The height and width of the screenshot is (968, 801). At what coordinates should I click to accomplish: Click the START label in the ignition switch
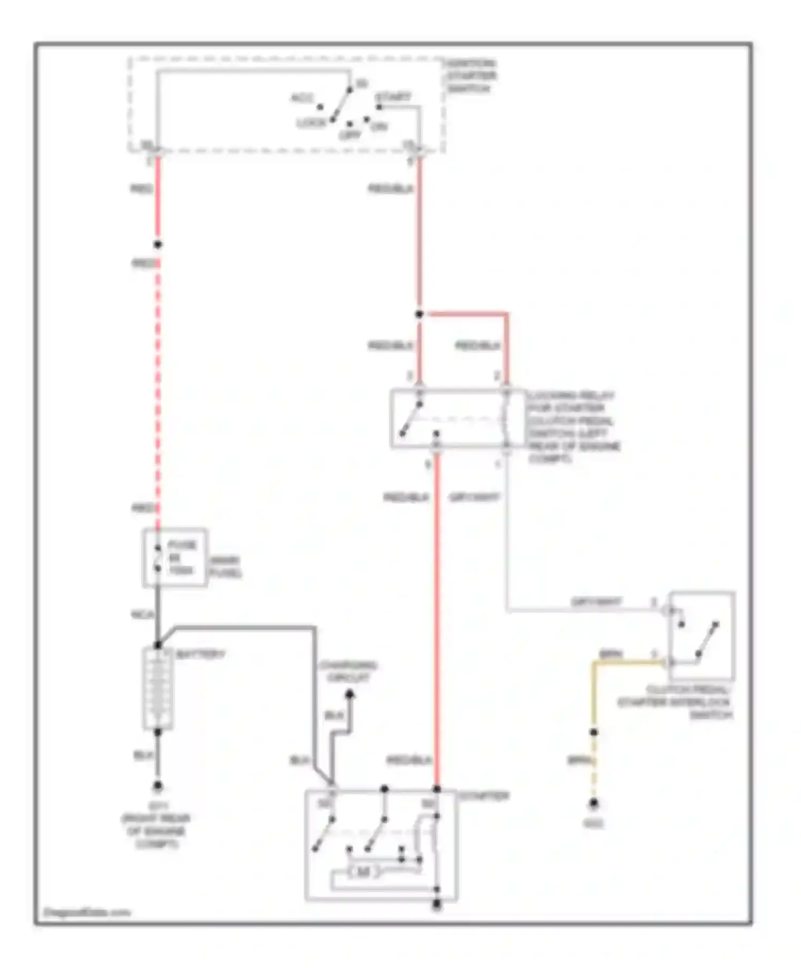coord(393,97)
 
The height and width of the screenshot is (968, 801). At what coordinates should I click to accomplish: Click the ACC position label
coord(302,98)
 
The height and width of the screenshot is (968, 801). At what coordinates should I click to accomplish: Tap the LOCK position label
coord(311,123)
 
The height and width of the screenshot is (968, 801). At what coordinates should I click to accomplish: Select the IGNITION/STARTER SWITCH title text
coord(471,76)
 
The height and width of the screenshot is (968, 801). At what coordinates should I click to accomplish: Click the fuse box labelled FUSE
coord(175,558)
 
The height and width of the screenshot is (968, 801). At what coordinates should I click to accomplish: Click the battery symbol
coord(158,688)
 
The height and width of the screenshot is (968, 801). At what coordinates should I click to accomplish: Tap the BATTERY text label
coord(200,654)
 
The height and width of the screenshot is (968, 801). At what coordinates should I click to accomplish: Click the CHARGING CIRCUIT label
coord(348,672)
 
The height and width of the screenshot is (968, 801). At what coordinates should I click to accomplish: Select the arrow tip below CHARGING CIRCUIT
coord(350,694)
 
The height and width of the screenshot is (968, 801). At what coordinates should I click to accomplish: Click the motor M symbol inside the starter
coord(363,872)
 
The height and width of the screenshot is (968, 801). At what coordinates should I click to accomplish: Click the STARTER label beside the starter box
coord(484,796)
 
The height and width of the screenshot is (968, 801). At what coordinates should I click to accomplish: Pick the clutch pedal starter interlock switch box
coord(702,636)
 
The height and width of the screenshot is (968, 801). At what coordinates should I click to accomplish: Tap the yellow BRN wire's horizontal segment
coord(630,663)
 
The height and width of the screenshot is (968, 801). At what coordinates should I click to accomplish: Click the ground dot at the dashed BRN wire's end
coord(593,803)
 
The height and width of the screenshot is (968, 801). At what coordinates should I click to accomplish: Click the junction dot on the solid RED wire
coord(158,245)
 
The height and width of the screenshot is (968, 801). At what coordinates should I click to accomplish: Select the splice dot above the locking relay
coord(419,314)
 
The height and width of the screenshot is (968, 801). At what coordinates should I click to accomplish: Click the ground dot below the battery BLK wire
coord(158,785)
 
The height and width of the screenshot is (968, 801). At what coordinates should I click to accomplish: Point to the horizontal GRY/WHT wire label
coord(596,602)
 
